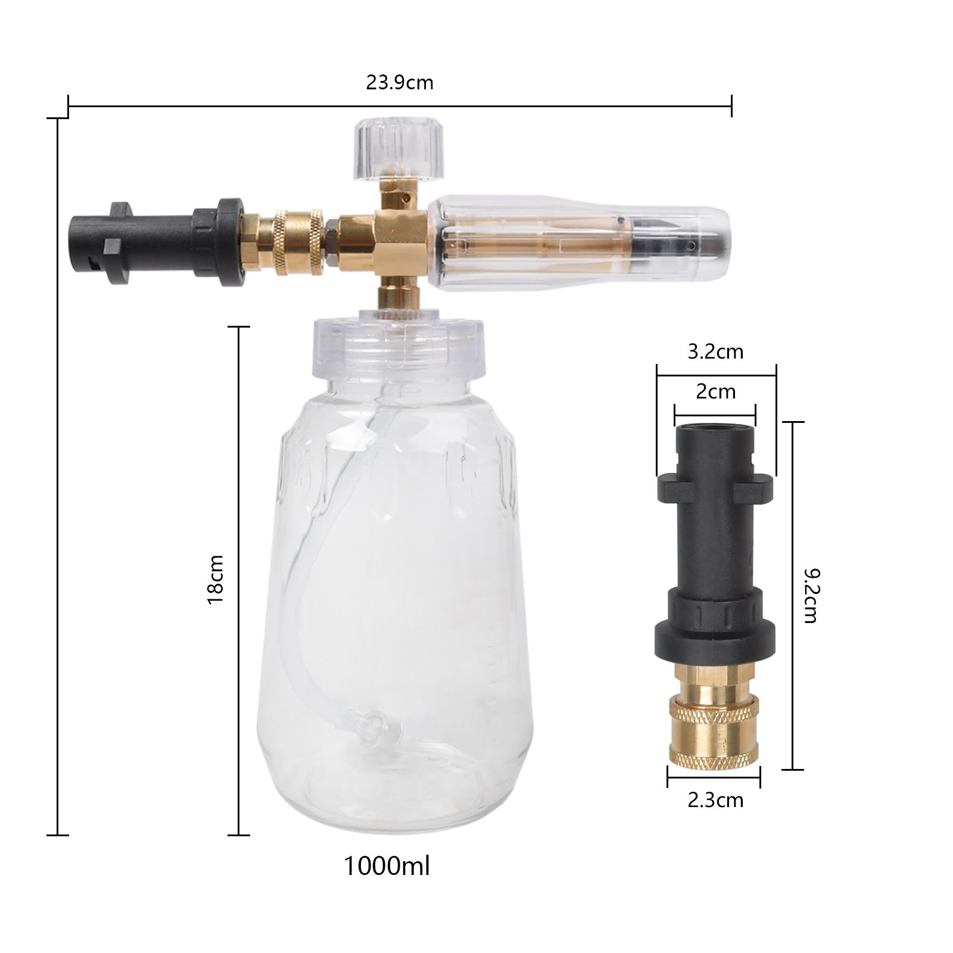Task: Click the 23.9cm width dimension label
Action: (x=400, y=82)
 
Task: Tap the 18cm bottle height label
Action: (x=215, y=580)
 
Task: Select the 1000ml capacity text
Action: (x=387, y=866)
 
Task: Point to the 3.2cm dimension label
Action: (x=716, y=351)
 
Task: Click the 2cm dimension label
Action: (x=716, y=392)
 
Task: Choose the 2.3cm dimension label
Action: (x=715, y=800)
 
